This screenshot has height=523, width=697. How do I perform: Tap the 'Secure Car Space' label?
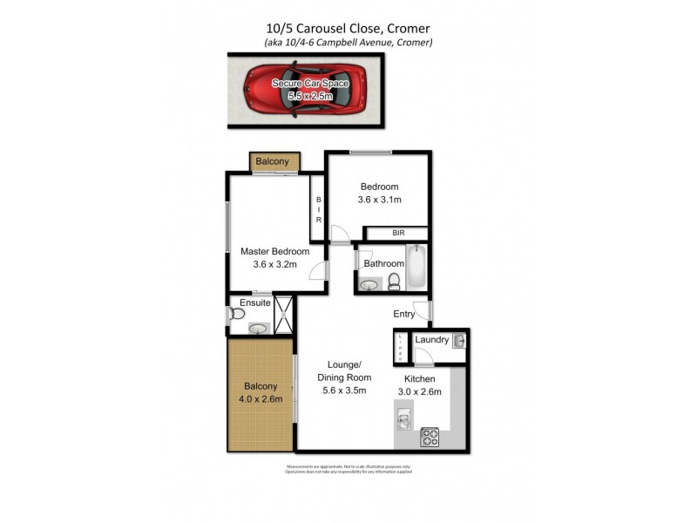point(310,83)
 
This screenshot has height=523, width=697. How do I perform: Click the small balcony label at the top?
point(272,162)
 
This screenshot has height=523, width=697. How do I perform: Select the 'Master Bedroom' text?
point(274,252)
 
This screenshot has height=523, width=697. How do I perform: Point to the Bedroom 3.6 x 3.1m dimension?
point(379,200)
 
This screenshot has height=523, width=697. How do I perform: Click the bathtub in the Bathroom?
point(417,267)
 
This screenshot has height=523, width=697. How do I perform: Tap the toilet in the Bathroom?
point(393,281)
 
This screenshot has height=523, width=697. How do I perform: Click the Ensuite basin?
point(257,329)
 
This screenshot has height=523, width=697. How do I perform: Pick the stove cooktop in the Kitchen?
point(430,437)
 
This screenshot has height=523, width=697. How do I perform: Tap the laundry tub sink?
point(458,341)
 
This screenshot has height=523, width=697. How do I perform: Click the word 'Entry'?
point(404,314)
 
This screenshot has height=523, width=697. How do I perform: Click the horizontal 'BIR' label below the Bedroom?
point(398,234)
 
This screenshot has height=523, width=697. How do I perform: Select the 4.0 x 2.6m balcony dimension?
point(261,399)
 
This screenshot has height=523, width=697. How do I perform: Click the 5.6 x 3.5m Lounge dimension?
point(344,391)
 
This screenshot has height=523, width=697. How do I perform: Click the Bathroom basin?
point(369,283)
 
